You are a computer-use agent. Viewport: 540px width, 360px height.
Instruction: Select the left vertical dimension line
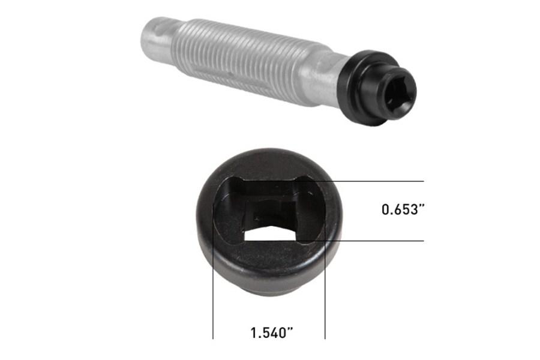point(214,300)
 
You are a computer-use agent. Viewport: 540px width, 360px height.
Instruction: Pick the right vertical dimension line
point(325,300)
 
